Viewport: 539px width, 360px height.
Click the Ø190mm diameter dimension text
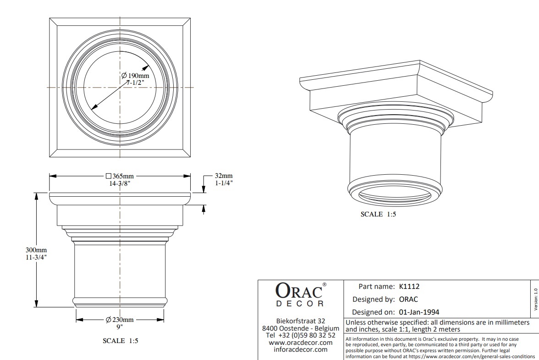pyautogui.click(x=136, y=75)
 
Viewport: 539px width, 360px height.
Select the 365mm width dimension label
pyautogui.click(x=120, y=176)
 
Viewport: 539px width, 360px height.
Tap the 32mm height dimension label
pyautogui.click(x=224, y=176)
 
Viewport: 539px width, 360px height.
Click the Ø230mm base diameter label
pyautogui.click(x=120, y=320)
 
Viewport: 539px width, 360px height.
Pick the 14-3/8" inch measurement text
pyautogui.click(x=120, y=183)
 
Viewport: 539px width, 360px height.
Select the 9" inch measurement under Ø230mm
pyautogui.click(x=120, y=327)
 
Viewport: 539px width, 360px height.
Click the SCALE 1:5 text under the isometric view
pyautogui.click(x=378, y=215)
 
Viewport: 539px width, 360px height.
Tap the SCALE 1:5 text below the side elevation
pyautogui.click(x=120, y=341)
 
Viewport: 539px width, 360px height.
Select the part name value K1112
pyautogui.click(x=409, y=287)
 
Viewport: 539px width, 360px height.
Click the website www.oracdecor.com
pyautogui.click(x=301, y=343)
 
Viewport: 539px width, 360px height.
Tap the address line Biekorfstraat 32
pyautogui.click(x=301, y=321)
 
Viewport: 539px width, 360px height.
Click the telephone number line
pyautogui.click(x=301, y=335)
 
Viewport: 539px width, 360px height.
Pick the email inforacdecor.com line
pyautogui.click(x=301, y=349)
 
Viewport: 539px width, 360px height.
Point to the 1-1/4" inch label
pyautogui.click(x=224, y=183)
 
